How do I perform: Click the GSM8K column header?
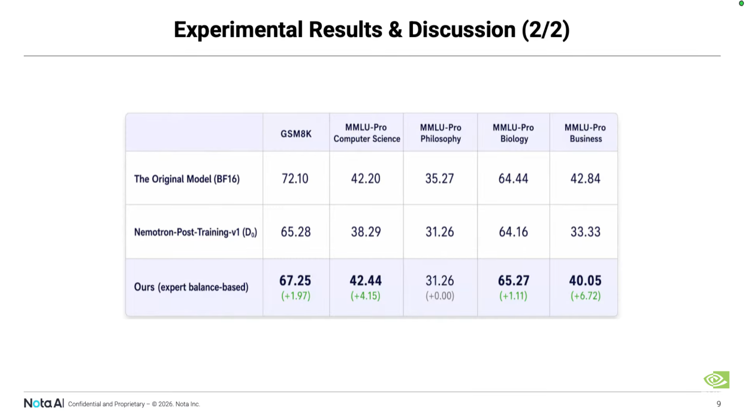pyautogui.click(x=295, y=133)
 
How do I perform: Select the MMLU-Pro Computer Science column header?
pyautogui.click(x=366, y=133)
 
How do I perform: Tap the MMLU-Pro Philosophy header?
pyautogui.click(x=440, y=133)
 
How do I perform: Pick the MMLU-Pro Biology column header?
pyautogui.click(x=513, y=133)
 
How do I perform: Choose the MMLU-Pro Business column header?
pyautogui.click(x=585, y=133)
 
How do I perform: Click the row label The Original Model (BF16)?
pyautogui.click(x=186, y=179)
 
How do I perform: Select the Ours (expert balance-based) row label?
pyautogui.click(x=191, y=287)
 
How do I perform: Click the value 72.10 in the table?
pyautogui.click(x=295, y=179)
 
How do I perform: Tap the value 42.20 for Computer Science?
pyautogui.click(x=366, y=179)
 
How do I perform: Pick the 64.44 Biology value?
pyautogui.click(x=513, y=179)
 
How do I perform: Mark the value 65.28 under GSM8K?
pyautogui.click(x=295, y=232)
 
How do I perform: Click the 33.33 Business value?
pyautogui.click(x=585, y=232)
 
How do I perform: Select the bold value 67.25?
pyautogui.click(x=295, y=280)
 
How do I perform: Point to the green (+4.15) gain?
pyautogui.click(x=366, y=296)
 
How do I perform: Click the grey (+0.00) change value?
pyautogui.click(x=440, y=296)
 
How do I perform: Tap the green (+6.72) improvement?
pyautogui.click(x=585, y=296)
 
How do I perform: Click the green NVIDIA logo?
pyautogui.click(x=716, y=380)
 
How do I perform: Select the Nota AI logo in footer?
pyautogui.click(x=44, y=403)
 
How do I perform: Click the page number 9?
pyautogui.click(x=719, y=404)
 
